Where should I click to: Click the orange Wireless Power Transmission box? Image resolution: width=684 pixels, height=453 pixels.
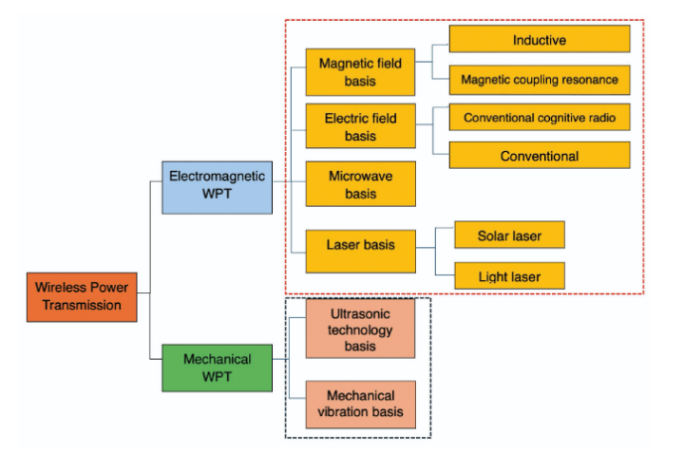tap(82, 296)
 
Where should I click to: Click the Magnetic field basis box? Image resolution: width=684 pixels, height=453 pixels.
tap(360, 72)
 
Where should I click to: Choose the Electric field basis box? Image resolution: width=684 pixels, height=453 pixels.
tap(360, 127)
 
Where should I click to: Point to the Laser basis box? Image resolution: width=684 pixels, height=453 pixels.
tap(360, 245)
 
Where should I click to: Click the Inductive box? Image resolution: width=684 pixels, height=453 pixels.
tap(539, 40)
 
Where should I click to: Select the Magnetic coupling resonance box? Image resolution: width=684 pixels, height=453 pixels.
tap(539, 80)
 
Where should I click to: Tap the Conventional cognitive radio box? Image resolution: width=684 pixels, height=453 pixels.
tap(539, 118)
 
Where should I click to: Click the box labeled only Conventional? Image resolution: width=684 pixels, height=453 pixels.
tap(539, 155)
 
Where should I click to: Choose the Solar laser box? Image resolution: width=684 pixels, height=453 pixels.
tap(509, 234)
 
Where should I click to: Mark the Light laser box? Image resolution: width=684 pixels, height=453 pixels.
tap(509, 276)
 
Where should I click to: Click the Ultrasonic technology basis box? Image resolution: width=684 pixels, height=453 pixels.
tap(360, 330)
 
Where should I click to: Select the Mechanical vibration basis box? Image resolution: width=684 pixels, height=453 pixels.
tap(360, 404)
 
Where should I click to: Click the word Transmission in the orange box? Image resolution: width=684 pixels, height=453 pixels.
tap(82, 305)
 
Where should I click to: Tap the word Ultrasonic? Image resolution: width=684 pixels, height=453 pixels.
tap(360, 313)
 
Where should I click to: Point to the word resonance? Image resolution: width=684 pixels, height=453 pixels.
tap(587, 80)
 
